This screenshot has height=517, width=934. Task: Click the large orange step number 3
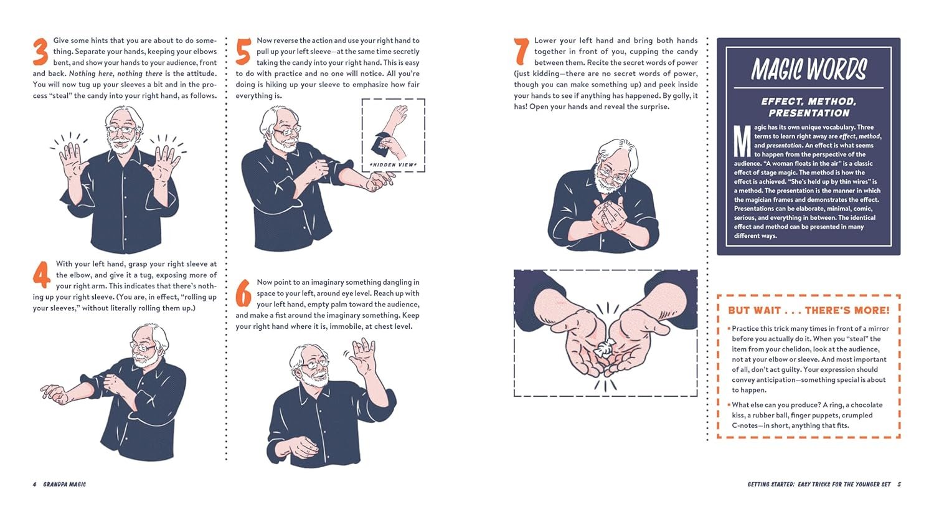point(40,52)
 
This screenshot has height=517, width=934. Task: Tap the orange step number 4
point(41,275)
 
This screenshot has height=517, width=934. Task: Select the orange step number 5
point(243,52)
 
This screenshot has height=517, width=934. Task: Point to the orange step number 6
point(243,293)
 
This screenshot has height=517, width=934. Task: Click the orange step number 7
point(522,52)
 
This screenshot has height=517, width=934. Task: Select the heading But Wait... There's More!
point(808,310)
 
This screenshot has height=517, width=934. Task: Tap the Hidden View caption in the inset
point(393,165)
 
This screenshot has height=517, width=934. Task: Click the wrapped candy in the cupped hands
point(603,348)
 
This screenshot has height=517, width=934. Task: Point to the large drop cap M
point(742,141)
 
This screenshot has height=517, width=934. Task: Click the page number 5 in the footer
point(899,485)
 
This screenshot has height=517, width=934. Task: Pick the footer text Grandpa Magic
point(64,485)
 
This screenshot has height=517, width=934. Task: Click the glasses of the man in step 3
point(120,130)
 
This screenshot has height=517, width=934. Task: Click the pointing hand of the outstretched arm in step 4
point(54,394)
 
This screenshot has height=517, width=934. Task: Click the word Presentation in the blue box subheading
point(808,113)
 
